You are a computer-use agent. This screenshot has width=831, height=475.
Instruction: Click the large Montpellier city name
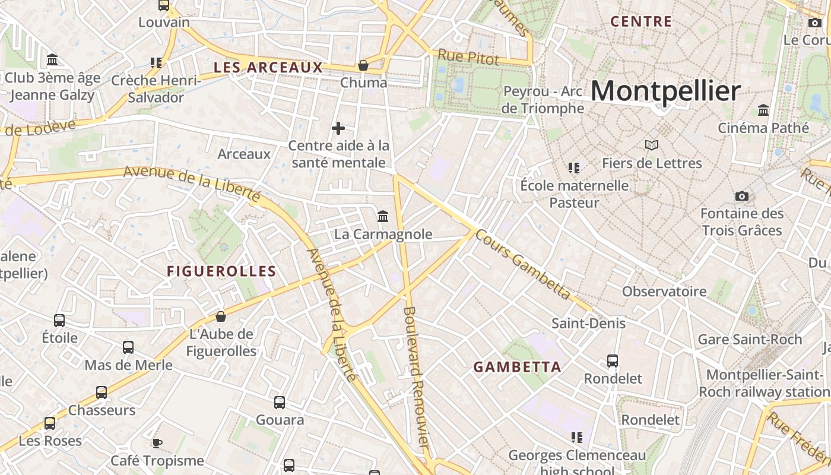coord(665,91)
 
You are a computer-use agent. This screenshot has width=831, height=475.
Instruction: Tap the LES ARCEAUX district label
coord(268,68)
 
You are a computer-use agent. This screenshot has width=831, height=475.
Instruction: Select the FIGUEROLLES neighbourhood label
coord(221,271)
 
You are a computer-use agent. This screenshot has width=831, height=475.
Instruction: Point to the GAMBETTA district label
coord(518,367)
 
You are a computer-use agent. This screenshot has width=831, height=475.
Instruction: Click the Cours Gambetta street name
coord(522,264)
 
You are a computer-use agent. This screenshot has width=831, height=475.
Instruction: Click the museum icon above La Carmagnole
coord(383,216)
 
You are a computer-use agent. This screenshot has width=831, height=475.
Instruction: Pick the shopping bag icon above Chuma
coord(363,65)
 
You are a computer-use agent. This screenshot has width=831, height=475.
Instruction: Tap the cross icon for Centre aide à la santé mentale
coord(338,128)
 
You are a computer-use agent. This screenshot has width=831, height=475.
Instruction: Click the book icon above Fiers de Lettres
coord(652,145)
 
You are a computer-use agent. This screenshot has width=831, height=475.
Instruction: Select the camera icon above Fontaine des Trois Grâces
coord(741,196)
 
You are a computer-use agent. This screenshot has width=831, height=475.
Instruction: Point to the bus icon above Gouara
coord(280,402)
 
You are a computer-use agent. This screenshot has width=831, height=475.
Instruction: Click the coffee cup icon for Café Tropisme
coord(157,442)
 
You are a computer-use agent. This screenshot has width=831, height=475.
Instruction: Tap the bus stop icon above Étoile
coord(59,320)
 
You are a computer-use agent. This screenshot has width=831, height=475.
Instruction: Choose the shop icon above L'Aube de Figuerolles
coord(221,316)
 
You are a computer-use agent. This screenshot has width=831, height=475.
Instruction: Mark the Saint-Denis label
coord(588,324)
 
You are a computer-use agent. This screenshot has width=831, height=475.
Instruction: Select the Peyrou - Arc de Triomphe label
coord(543,100)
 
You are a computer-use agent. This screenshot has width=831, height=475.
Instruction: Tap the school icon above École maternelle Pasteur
coord(573,167)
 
